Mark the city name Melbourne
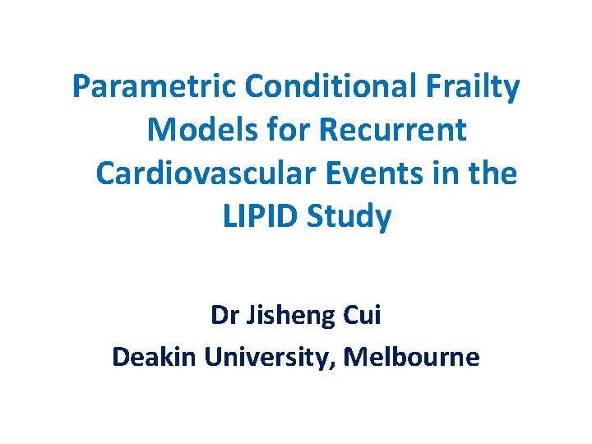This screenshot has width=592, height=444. [x=413, y=358]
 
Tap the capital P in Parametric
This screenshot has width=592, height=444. [x=81, y=86]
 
